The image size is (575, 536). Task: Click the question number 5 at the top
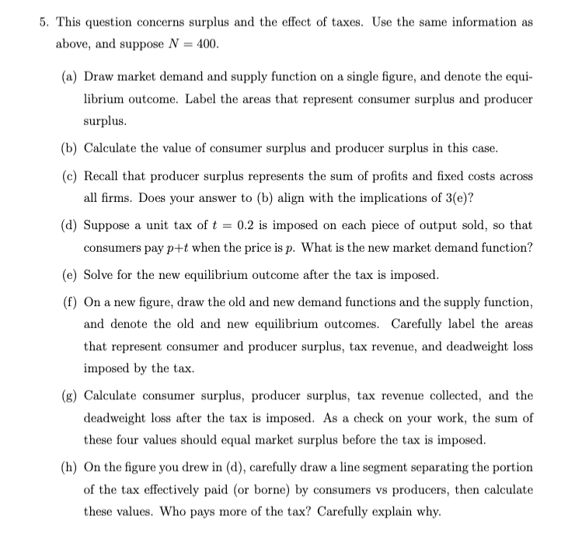(x=44, y=23)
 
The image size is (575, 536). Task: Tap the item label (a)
(x=70, y=77)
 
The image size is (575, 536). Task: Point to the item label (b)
(x=70, y=148)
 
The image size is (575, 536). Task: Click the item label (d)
(x=70, y=225)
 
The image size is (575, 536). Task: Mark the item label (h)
(x=70, y=467)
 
